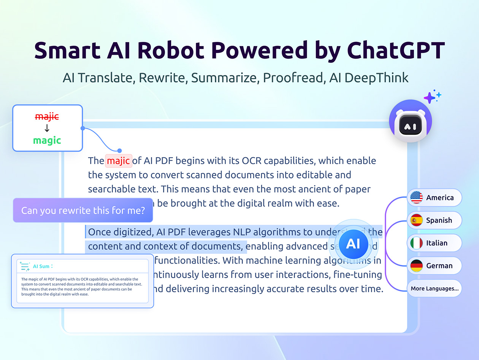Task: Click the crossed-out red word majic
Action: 47,117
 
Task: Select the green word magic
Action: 47,140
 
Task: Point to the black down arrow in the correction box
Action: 47,128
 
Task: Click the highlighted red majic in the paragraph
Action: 118,161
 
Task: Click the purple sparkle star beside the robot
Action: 430,98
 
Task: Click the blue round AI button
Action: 353,244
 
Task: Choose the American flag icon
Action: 417,198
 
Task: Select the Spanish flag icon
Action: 417,220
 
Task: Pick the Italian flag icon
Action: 417,243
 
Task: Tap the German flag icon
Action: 417,266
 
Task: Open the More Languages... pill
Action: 435,288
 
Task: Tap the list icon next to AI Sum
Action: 25,266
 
